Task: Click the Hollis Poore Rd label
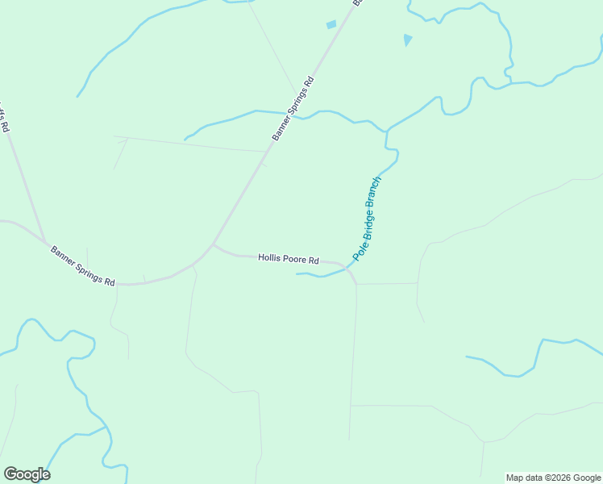pyautogui.click(x=289, y=259)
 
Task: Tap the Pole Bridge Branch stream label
pyautogui.click(x=366, y=219)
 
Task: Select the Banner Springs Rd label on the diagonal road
pyautogui.click(x=292, y=109)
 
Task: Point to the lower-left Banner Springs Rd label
pyautogui.click(x=82, y=265)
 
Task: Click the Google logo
pyautogui.click(x=27, y=474)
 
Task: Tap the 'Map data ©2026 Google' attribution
pyautogui.click(x=553, y=478)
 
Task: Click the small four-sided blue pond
pyautogui.click(x=331, y=25)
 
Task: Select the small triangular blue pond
pyautogui.click(x=408, y=40)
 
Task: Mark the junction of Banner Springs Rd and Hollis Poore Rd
pyautogui.click(x=213, y=244)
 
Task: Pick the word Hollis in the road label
pyautogui.click(x=269, y=258)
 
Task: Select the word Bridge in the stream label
pyautogui.click(x=366, y=223)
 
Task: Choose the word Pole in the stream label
pyautogui.click(x=357, y=250)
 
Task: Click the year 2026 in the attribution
pyautogui.click(x=555, y=478)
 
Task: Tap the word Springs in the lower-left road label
pyautogui.click(x=89, y=269)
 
